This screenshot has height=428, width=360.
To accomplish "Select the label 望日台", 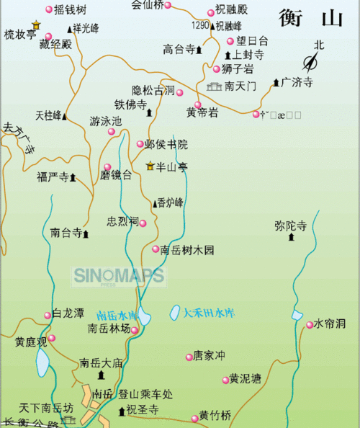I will [253, 42].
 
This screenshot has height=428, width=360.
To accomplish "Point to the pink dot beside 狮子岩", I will [216, 69].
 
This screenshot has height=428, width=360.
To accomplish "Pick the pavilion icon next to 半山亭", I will [150, 166].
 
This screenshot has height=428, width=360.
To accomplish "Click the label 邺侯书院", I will [166, 144].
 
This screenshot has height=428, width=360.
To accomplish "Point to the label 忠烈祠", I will [122, 221].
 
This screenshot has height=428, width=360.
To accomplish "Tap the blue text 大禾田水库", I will [209, 313].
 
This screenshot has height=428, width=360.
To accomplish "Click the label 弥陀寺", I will [290, 226].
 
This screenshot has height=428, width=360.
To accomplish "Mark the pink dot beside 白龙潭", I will [48, 314].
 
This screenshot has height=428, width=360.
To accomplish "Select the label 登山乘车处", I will [147, 394].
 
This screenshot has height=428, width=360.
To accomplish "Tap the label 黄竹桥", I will [215, 416].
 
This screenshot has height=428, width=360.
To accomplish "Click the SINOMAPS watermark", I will [118, 276].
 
